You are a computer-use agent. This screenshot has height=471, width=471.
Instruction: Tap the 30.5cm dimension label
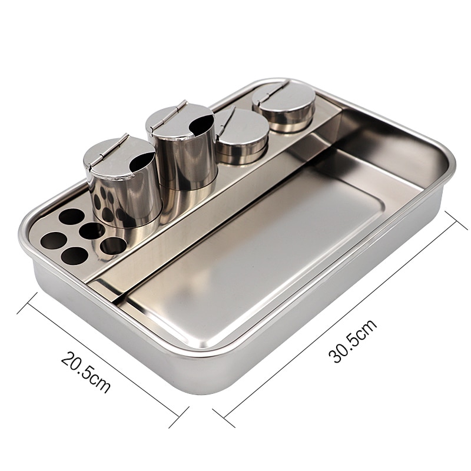353,340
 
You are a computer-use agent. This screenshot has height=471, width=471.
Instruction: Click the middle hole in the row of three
91,231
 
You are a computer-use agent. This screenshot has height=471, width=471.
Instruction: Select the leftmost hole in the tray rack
53,240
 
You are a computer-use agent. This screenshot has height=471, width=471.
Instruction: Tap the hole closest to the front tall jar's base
113,245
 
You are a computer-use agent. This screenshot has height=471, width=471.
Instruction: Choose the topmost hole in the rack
71,216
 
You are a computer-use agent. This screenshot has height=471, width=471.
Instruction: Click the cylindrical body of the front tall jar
127,194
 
